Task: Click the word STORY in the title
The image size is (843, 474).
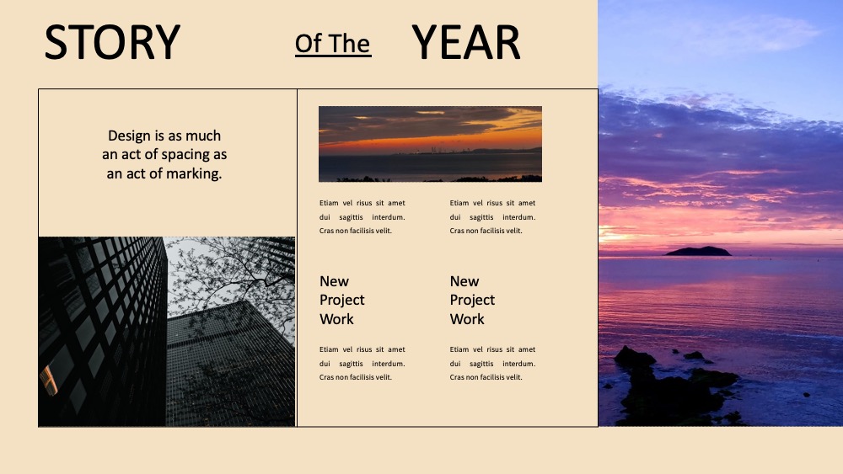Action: point(112,42)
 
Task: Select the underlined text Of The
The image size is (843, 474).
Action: point(333,44)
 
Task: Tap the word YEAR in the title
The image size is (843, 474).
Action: point(466,42)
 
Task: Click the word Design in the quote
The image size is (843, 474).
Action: point(129,136)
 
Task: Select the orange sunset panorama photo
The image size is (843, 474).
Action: point(430,144)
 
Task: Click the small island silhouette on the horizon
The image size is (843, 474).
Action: point(698,251)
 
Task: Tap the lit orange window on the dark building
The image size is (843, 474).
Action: point(48,380)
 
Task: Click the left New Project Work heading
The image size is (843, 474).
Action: point(342,300)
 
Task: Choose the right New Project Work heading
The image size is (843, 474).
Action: point(472,300)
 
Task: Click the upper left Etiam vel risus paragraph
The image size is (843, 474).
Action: point(362,217)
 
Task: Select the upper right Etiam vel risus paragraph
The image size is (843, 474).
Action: point(492,217)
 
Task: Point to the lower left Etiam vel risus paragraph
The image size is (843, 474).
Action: point(362,364)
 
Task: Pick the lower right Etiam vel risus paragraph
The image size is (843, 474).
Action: point(492,364)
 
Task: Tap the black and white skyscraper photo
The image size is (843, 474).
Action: point(167,332)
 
